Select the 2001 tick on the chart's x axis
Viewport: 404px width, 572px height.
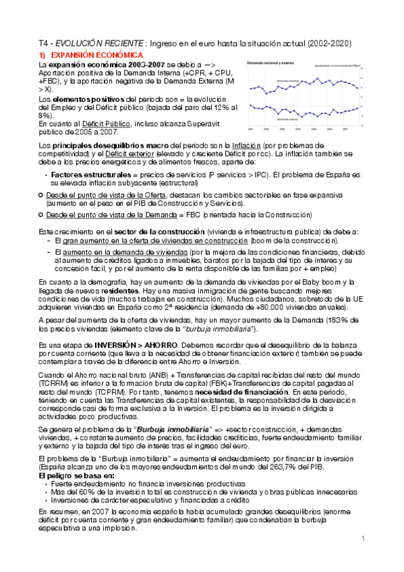(250, 128)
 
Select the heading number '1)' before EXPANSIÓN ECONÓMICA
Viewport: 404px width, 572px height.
(42, 53)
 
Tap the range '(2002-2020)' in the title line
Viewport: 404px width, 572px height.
(328, 42)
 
